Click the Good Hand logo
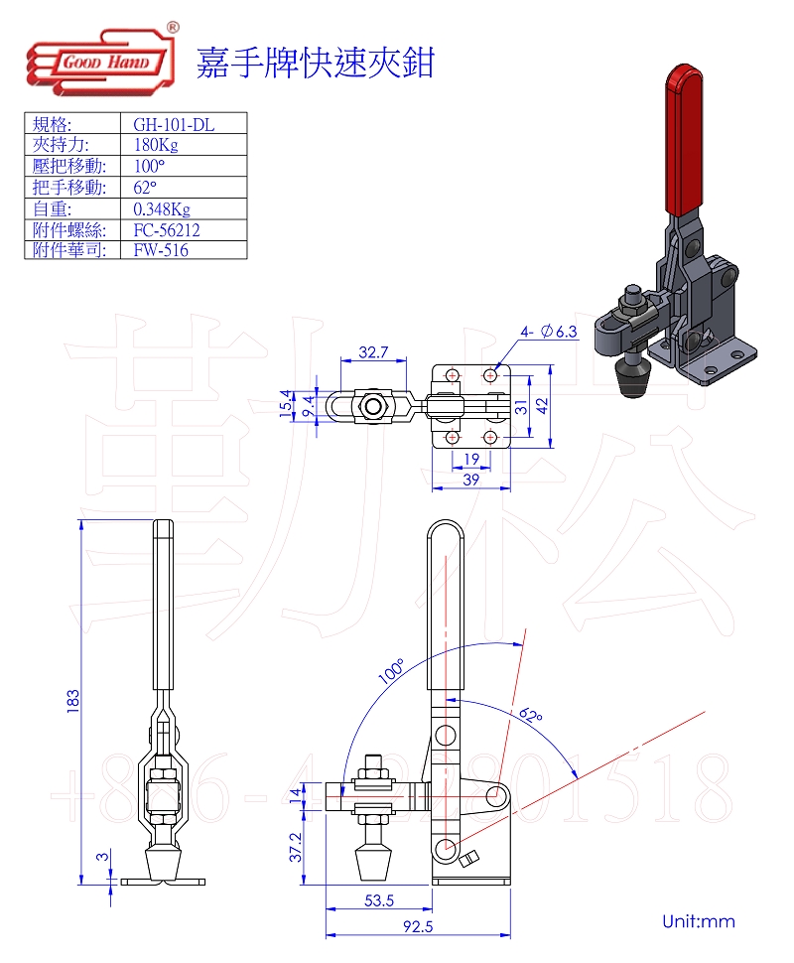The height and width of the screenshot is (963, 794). coord(102,62)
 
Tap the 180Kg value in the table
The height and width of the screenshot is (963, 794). coord(155,145)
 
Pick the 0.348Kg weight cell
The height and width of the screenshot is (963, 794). coord(161,208)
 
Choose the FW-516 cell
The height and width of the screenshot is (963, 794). coord(161,250)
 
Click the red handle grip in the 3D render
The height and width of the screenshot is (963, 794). coord(683,139)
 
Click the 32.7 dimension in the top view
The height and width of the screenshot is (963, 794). coord(372,352)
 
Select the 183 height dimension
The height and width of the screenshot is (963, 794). coord(71,701)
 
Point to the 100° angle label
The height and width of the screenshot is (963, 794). coord(390,672)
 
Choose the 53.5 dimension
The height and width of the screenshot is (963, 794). coord(379,900)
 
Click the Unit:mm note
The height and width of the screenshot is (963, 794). coord(699,921)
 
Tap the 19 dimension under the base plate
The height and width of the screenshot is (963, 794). coord(472,458)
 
